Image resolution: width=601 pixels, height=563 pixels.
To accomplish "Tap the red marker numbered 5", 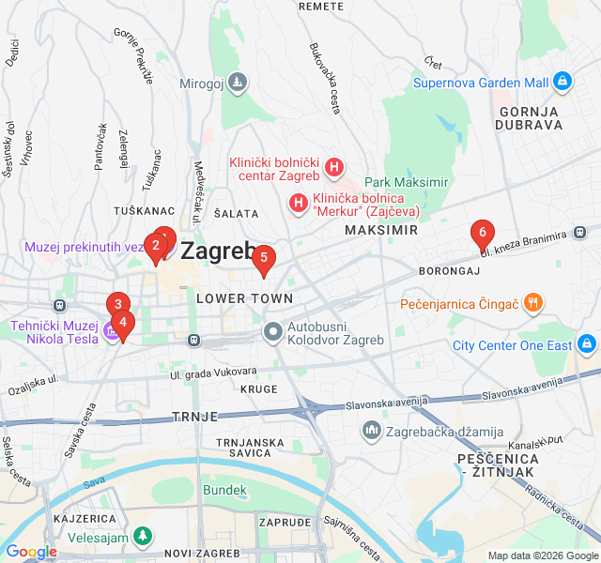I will [x=264, y=257].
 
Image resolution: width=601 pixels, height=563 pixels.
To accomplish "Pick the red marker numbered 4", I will [x=123, y=322].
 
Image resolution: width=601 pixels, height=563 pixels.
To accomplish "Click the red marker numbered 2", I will [x=156, y=246].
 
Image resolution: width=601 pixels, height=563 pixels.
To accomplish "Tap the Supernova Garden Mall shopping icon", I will [x=562, y=82].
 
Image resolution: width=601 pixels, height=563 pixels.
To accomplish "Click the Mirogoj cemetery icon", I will [x=239, y=83].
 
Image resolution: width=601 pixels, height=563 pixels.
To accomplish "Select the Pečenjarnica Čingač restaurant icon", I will [x=533, y=302].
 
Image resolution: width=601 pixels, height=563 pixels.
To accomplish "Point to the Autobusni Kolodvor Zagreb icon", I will [x=273, y=330].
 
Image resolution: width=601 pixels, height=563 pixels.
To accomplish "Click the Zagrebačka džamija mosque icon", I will [x=371, y=430].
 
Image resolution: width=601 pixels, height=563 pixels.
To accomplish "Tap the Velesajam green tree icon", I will [x=141, y=536].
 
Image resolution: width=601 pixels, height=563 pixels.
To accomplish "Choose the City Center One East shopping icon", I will [x=588, y=344].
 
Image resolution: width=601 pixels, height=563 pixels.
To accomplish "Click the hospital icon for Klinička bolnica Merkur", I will [x=298, y=202].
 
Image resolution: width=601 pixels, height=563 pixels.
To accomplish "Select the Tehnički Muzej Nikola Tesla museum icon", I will [x=114, y=330].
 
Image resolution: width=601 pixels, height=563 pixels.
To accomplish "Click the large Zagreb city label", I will [x=217, y=251].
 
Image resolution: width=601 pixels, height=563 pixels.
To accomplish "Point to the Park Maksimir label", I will [x=407, y=181].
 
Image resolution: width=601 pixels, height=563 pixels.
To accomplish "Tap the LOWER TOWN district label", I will [x=244, y=298].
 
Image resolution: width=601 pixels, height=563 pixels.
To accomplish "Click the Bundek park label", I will [x=224, y=490].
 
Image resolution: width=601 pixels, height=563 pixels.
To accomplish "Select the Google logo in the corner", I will [x=30, y=552].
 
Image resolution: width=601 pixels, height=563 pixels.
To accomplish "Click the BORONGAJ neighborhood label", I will [x=449, y=271].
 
